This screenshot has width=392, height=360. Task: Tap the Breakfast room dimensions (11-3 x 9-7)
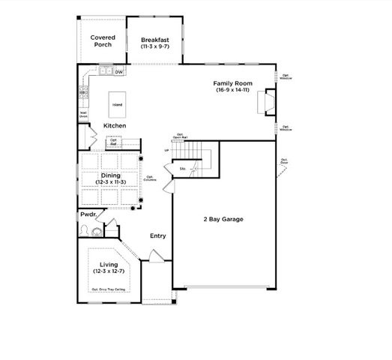coord(155,46)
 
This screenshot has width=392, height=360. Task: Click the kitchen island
coord(117,105)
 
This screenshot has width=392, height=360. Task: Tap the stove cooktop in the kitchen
coord(83,95)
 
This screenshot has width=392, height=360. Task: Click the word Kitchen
coord(115,125)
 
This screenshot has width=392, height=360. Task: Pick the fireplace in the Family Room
coord(265,103)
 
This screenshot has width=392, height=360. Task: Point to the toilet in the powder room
coord(85,230)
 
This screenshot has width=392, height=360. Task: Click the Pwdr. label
coord(89,214)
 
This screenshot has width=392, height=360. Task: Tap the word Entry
coord(157,236)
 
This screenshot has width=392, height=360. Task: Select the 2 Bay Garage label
coord(222,219)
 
